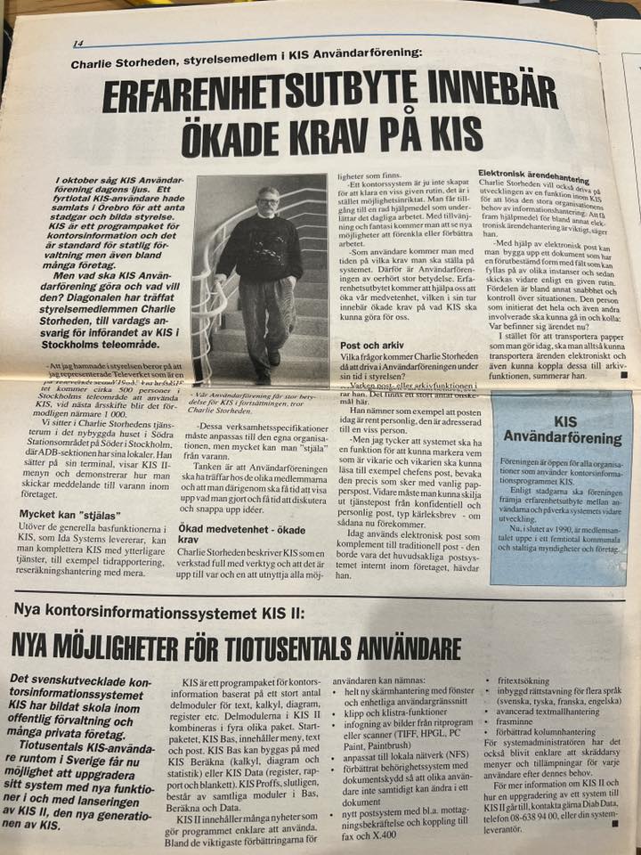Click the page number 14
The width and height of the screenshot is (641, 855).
point(78,43)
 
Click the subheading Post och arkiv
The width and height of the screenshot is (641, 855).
point(369,345)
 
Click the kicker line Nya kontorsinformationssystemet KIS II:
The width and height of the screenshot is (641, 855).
point(160,611)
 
